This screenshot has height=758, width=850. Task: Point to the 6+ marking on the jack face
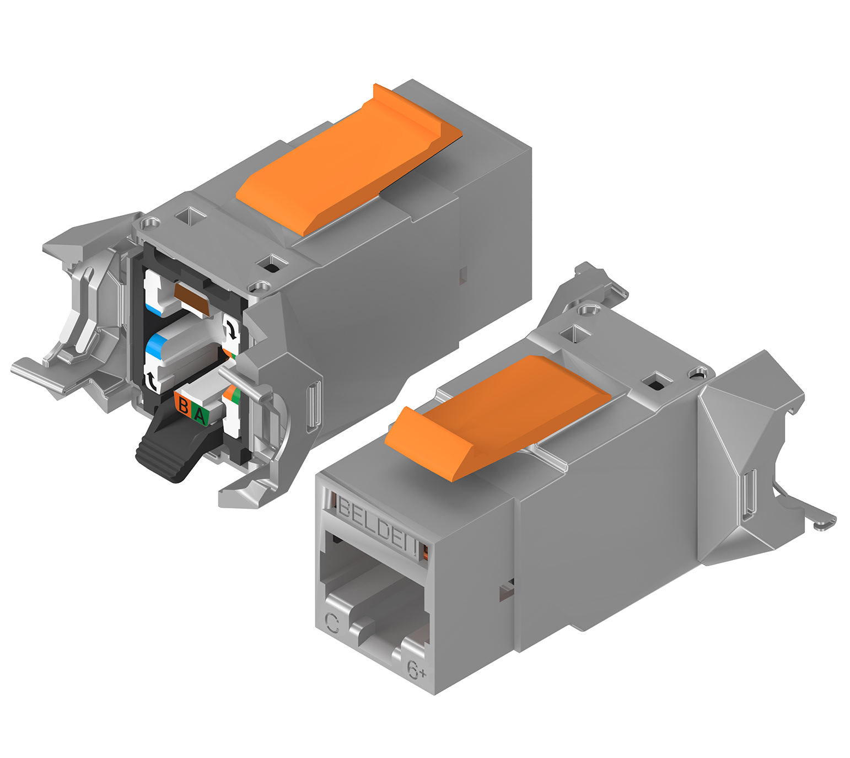416,669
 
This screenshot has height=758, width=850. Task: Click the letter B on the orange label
184,406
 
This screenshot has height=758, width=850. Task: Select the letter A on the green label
200,415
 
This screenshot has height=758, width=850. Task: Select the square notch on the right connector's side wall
506,592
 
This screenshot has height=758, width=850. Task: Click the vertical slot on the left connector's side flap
313,405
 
